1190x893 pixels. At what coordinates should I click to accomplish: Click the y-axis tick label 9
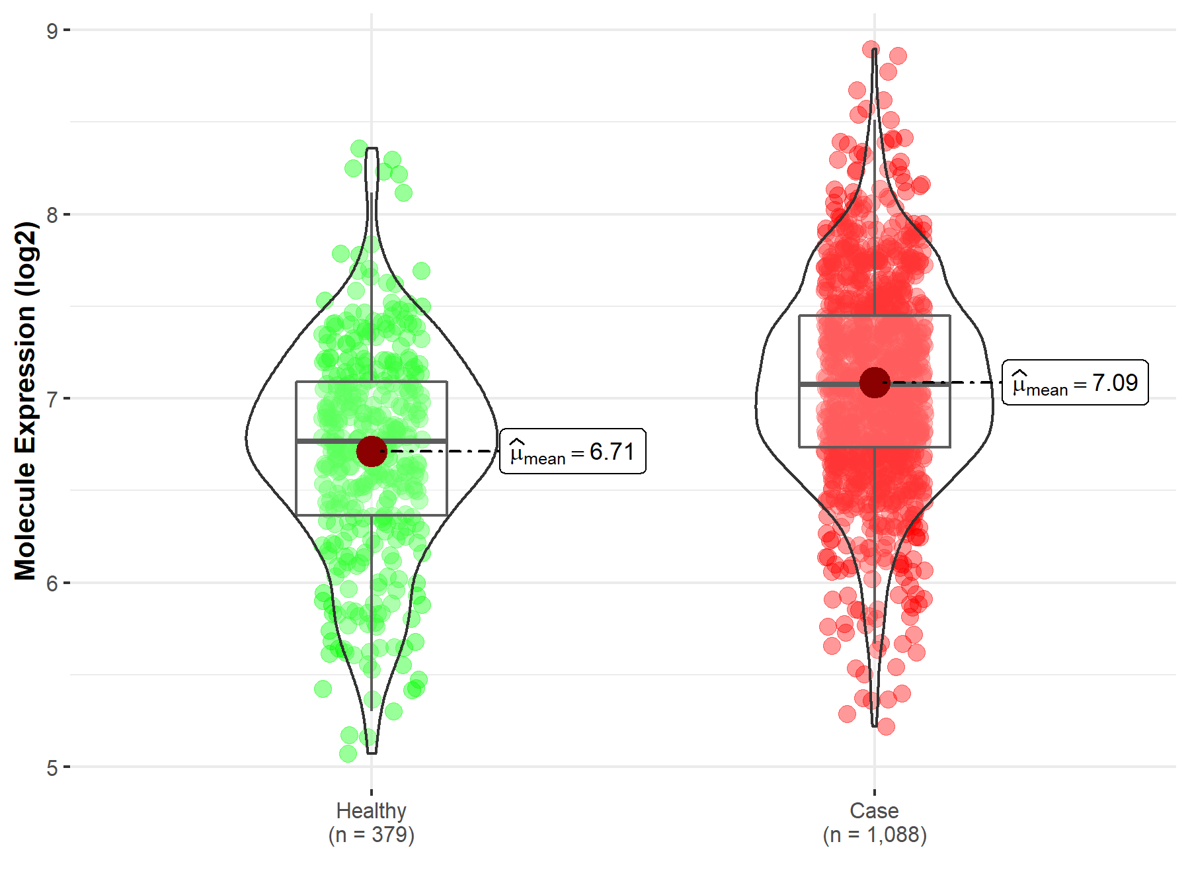[x=52, y=30]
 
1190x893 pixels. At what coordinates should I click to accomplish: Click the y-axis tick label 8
[x=52, y=215]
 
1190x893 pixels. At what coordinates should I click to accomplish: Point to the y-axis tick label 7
[x=52, y=399]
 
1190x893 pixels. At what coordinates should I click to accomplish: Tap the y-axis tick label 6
[x=52, y=583]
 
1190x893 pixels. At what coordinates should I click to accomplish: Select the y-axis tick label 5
[x=52, y=768]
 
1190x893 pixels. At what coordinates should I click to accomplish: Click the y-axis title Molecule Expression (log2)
[x=25, y=400]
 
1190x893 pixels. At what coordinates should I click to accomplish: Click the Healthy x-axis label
[x=371, y=810]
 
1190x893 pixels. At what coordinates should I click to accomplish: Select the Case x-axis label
[x=874, y=810]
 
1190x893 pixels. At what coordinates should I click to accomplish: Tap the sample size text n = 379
[x=371, y=835]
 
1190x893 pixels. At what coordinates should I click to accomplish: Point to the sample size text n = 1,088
[x=874, y=835]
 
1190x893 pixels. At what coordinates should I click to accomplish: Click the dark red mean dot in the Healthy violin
[x=372, y=451]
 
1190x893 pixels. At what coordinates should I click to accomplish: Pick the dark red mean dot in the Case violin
[x=875, y=382]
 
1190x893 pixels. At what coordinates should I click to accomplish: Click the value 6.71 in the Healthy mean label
[x=612, y=452]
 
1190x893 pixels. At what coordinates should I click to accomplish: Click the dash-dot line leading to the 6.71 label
[x=443, y=451]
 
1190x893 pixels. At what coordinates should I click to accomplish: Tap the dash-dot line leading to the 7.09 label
[x=945, y=382]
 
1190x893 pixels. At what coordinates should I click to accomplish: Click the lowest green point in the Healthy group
[x=348, y=753]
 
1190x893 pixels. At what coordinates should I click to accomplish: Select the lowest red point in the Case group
[x=886, y=726]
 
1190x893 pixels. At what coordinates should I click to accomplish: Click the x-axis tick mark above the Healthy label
[x=372, y=792]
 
